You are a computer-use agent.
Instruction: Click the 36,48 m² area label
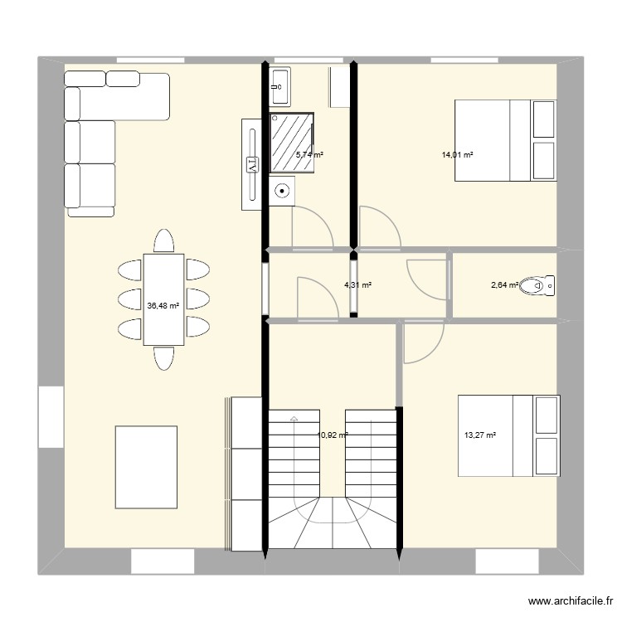pos(162,305)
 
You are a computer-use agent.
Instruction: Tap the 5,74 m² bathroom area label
pos(310,154)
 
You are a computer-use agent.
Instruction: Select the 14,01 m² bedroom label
pos(457,154)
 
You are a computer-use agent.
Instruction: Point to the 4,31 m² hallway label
pos(357,285)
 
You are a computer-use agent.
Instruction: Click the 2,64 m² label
pos(504,285)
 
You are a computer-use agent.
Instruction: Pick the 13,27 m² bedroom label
pos(479,434)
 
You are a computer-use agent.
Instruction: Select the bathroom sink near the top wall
pos(279,85)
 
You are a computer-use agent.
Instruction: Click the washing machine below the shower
pos(284,191)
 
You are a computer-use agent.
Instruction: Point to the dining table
pos(163,299)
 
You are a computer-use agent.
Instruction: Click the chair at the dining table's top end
pos(163,241)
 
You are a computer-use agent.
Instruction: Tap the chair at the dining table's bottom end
pos(163,358)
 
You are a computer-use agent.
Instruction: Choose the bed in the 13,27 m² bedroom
pos(508,436)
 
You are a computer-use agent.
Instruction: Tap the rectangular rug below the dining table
pos(146,466)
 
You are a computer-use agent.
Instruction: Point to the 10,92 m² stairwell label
pos(333,434)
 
